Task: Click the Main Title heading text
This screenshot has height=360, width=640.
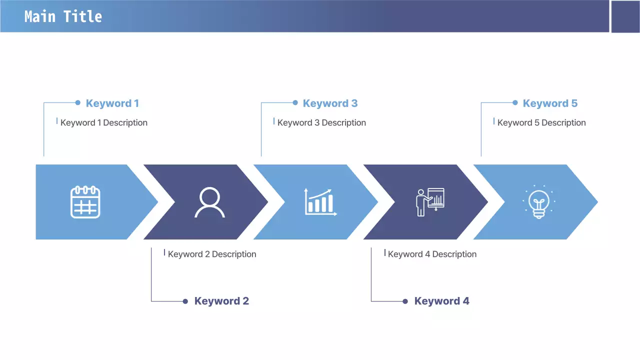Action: [x=63, y=16]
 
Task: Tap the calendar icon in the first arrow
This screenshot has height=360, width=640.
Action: [x=85, y=202]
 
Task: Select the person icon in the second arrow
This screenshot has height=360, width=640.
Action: [x=209, y=202]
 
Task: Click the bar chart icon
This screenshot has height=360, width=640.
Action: [x=320, y=202]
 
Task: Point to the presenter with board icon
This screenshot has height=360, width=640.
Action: [x=430, y=202]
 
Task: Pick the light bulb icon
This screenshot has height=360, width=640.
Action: [x=539, y=202]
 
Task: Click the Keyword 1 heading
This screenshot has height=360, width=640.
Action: [x=112, y=103]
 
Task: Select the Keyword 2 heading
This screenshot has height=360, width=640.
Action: [x=221, y=301]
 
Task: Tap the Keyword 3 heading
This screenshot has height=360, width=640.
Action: [x=330, y=103]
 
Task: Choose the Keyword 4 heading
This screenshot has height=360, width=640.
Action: [x=441, y=301]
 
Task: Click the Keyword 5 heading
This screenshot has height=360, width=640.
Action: [x=550, y=103]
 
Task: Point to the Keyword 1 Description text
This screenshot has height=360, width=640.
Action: [x=104, y=123]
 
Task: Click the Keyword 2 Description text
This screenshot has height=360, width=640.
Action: [x=212, y=254]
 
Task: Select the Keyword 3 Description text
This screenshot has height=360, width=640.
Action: [x=321, y=123]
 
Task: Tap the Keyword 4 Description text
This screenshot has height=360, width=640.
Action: [x=432, y=254]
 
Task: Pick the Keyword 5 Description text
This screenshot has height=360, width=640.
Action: [x=541, y=123]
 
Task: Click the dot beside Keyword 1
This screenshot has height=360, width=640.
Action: [x=77, y=102]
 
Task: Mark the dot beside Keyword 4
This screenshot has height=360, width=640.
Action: [x=405, y=301]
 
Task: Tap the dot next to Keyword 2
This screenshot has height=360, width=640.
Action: [x=185, y=301]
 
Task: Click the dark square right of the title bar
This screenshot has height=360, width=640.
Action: [x=625, y=16]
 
